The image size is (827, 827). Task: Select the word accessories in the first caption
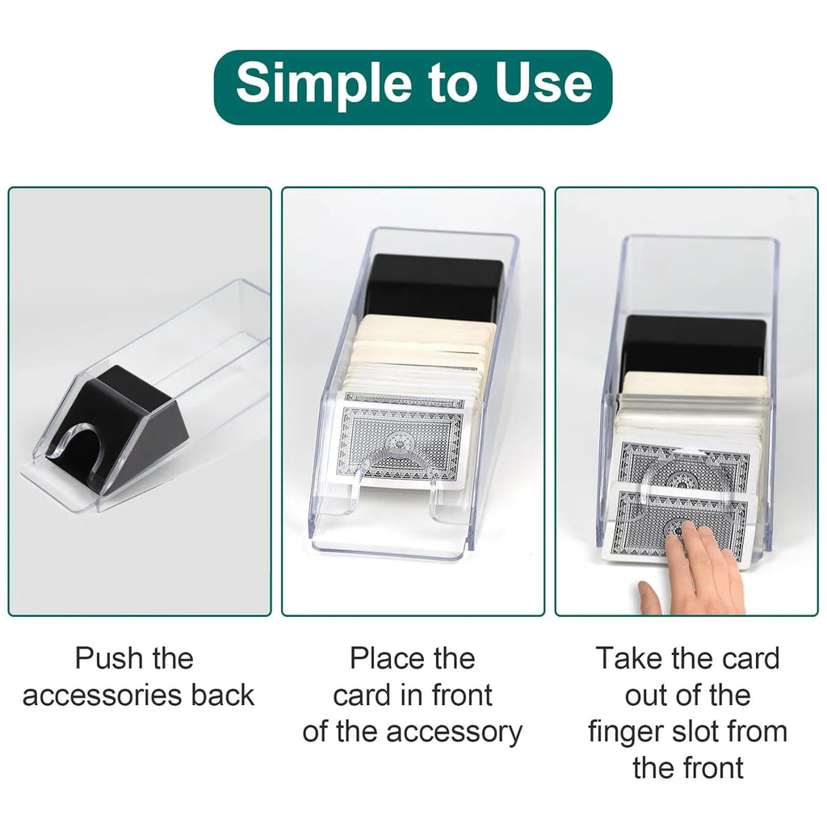point(103,695)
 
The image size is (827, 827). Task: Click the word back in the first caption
point(223,695)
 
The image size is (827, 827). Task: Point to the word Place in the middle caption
point(387,659)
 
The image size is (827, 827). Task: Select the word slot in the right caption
point(695,732)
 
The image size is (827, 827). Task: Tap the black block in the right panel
point(694,344)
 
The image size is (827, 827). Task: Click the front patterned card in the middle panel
point(402,440)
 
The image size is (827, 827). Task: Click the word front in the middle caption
point(462,695)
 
